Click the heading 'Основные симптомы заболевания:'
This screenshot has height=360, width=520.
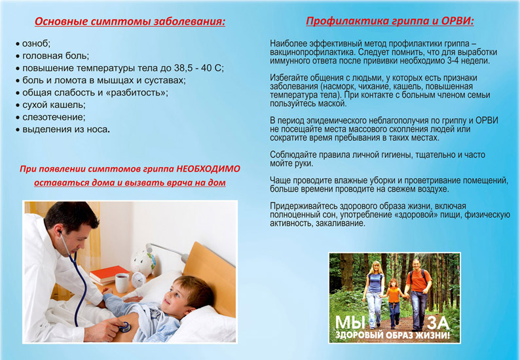(x=130, y=22)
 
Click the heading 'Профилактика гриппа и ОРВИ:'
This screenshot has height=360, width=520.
(x=390, y=21)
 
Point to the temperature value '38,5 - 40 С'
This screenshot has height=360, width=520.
(x=198, y=68)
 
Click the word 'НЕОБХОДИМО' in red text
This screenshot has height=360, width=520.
(x=208, y=169)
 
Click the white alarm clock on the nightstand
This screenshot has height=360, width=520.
(x=138, y=280)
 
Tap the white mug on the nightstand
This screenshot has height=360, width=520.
(x=122, y=283)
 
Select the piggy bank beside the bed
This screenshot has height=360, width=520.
(x=143, y=261)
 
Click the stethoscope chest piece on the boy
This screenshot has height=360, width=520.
(x=124, y=327)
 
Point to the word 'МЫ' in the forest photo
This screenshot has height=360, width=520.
(x=350, y=323)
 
